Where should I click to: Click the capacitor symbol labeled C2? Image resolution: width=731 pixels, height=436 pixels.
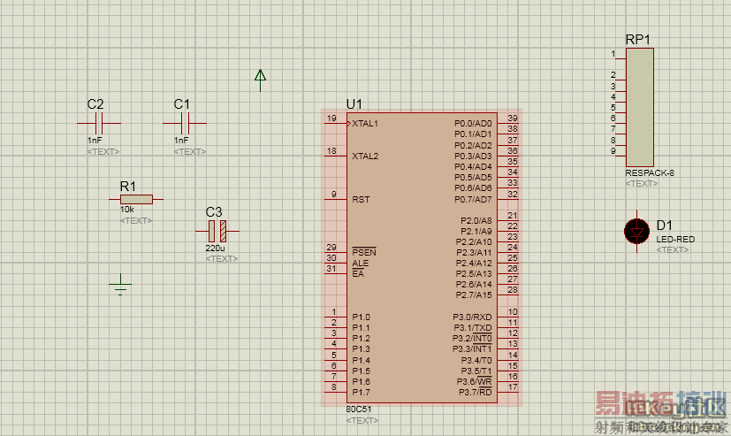coord(99,123)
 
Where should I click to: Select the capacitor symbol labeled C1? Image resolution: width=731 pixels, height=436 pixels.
coord(185,123)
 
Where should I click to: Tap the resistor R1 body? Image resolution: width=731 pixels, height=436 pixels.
coord(135,200)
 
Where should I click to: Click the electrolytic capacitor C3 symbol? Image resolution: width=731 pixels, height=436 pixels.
coord(217,232)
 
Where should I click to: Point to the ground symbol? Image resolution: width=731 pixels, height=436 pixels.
coord(122,286)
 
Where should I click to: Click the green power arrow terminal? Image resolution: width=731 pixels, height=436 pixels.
coord(261,79)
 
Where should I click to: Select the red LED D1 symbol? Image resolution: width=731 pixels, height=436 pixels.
coord(636,231)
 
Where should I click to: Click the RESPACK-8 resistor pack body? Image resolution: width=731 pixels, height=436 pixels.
coord(640,107)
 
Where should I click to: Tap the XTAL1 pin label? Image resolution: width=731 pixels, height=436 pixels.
coord(365,124)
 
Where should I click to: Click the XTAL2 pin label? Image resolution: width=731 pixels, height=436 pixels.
coord(365,157)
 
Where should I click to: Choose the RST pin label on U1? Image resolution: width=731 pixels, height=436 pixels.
coord(361,200)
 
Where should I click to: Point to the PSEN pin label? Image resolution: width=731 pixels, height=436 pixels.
coord(363,252)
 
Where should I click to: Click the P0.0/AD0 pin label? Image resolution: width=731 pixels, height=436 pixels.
coord(473,124)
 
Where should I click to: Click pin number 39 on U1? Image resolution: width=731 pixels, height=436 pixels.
coord(512,119)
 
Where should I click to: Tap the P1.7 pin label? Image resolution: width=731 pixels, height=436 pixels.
coord(361,392)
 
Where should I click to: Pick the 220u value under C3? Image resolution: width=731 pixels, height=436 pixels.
coord(214,249)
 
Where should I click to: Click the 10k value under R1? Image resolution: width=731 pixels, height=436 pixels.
coord(127,210)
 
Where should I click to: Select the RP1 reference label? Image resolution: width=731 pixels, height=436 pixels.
coord(637,40)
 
